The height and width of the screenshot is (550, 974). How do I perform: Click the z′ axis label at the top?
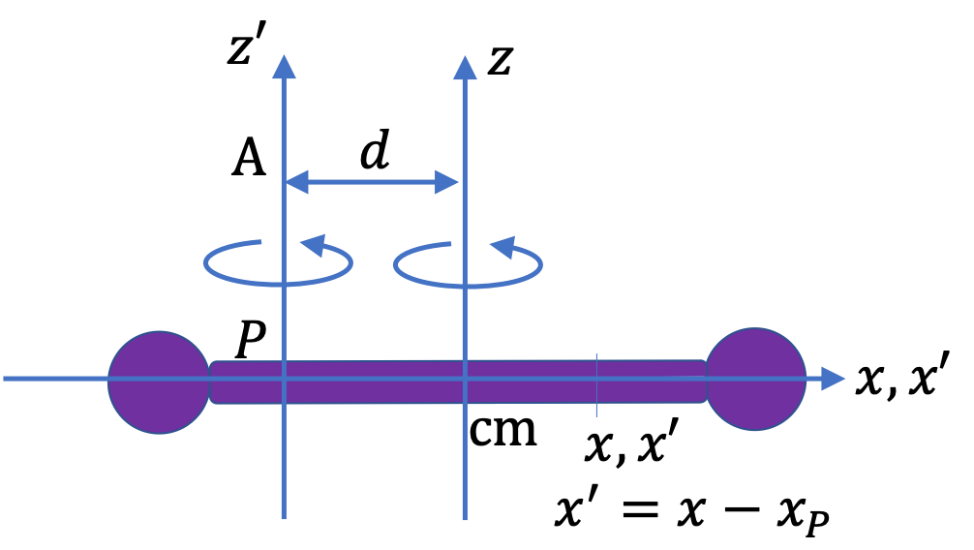[247, 47]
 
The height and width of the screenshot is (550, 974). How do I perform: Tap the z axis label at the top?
[500, 60]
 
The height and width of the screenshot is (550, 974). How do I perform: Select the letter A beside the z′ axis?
[249, 157]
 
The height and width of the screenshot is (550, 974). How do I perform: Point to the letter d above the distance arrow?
[376, 150]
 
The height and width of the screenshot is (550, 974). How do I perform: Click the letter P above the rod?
[251, 340]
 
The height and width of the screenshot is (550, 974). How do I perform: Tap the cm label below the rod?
[502, 430]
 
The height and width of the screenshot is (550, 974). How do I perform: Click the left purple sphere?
[159, 382]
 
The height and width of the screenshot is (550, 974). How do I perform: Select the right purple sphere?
[755, 379]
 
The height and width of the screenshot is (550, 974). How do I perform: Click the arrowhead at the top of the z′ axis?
[284, 67]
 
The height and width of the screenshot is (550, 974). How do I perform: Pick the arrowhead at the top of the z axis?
[465, 67]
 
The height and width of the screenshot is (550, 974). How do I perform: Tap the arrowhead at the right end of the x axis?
[833, 379]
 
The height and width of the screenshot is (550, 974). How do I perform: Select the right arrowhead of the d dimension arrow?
[446, 182]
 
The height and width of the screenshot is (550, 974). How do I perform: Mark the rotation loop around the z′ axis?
[278, 284]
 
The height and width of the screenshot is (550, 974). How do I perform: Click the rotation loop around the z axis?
[468, 287]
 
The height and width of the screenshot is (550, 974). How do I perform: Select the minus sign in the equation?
[743, 510]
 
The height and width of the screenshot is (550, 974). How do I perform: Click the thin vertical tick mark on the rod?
[597, 385]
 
